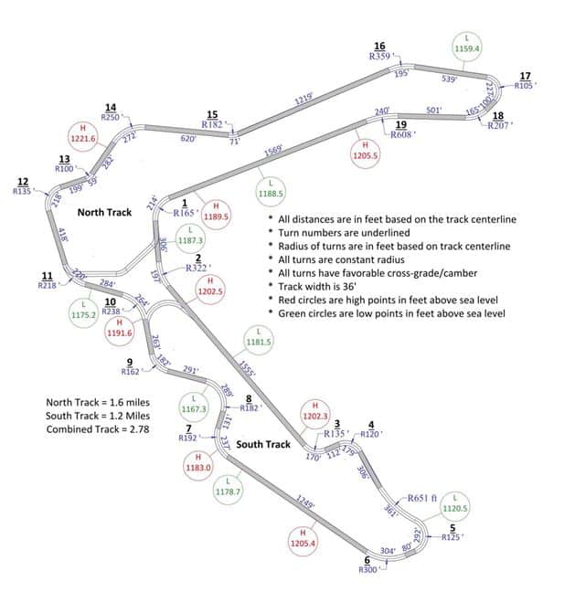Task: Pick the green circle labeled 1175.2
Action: coord(84,310)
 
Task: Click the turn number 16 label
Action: coord(379,46)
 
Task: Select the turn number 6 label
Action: coord(367,560)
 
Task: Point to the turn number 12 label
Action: coord(23,181)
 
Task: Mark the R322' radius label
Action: coord(198,269)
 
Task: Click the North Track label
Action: coord(104,212)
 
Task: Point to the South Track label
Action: coord(263,445)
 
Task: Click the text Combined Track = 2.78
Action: coord(98,428)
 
